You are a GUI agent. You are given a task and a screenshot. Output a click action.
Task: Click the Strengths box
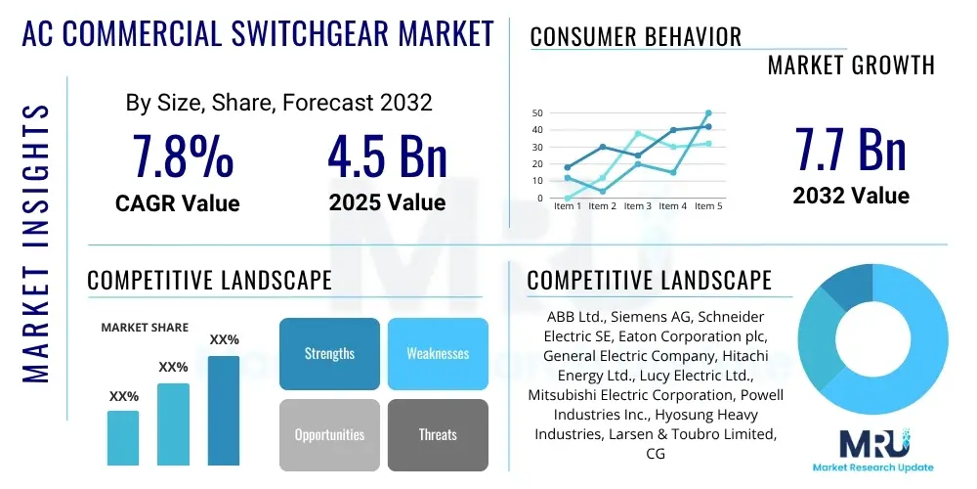329,353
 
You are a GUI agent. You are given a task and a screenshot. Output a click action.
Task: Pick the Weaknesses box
438,353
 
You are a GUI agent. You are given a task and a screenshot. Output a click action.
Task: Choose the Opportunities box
329,434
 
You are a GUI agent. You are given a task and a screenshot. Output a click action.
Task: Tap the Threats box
438,434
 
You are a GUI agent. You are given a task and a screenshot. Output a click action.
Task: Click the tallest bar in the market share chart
224,410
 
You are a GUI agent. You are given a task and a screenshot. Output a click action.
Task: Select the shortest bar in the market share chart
123,437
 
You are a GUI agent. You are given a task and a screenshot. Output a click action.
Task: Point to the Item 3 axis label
637,206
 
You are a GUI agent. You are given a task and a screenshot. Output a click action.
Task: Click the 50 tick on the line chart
537,113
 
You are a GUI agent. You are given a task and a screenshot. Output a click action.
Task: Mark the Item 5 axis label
707,206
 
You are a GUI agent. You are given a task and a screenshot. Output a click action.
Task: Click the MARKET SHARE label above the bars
145,328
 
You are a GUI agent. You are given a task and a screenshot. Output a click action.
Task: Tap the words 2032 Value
850,196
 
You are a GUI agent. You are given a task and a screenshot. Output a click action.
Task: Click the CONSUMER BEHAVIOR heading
635,37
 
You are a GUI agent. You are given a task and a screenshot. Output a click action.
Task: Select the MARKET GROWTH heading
850,66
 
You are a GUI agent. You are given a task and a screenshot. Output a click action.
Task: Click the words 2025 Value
387,202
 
